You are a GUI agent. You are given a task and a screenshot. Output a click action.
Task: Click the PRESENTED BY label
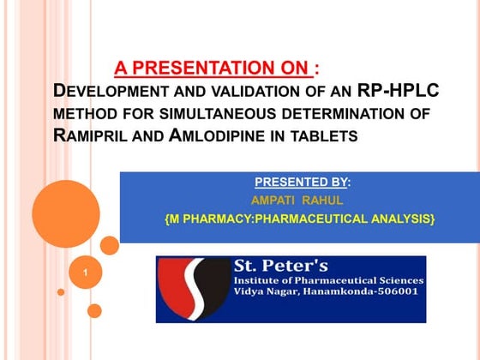[301, 183]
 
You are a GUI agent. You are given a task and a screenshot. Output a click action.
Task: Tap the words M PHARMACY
[207, 220]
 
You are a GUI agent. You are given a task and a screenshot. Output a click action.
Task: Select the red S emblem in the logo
[195, 289]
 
